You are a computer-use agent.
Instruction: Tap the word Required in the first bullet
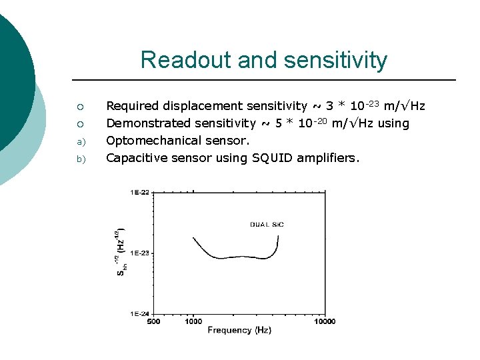click(x=133, y=106)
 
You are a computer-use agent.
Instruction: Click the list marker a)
click(x=79, y=141)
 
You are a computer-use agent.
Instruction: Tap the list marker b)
click(x=79, y=159)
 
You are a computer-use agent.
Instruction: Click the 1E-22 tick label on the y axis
click(x=140, y=193)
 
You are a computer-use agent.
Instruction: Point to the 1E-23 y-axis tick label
click(x=140, y=253)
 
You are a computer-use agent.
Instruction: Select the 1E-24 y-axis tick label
click(x=140, y=313)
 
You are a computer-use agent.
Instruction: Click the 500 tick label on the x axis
click(x=153, y=321)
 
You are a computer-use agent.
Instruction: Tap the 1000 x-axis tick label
click(x=193, y=321)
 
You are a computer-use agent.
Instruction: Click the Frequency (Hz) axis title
click(x=239, y=330)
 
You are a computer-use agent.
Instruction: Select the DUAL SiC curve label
click(x=267, y=225)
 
